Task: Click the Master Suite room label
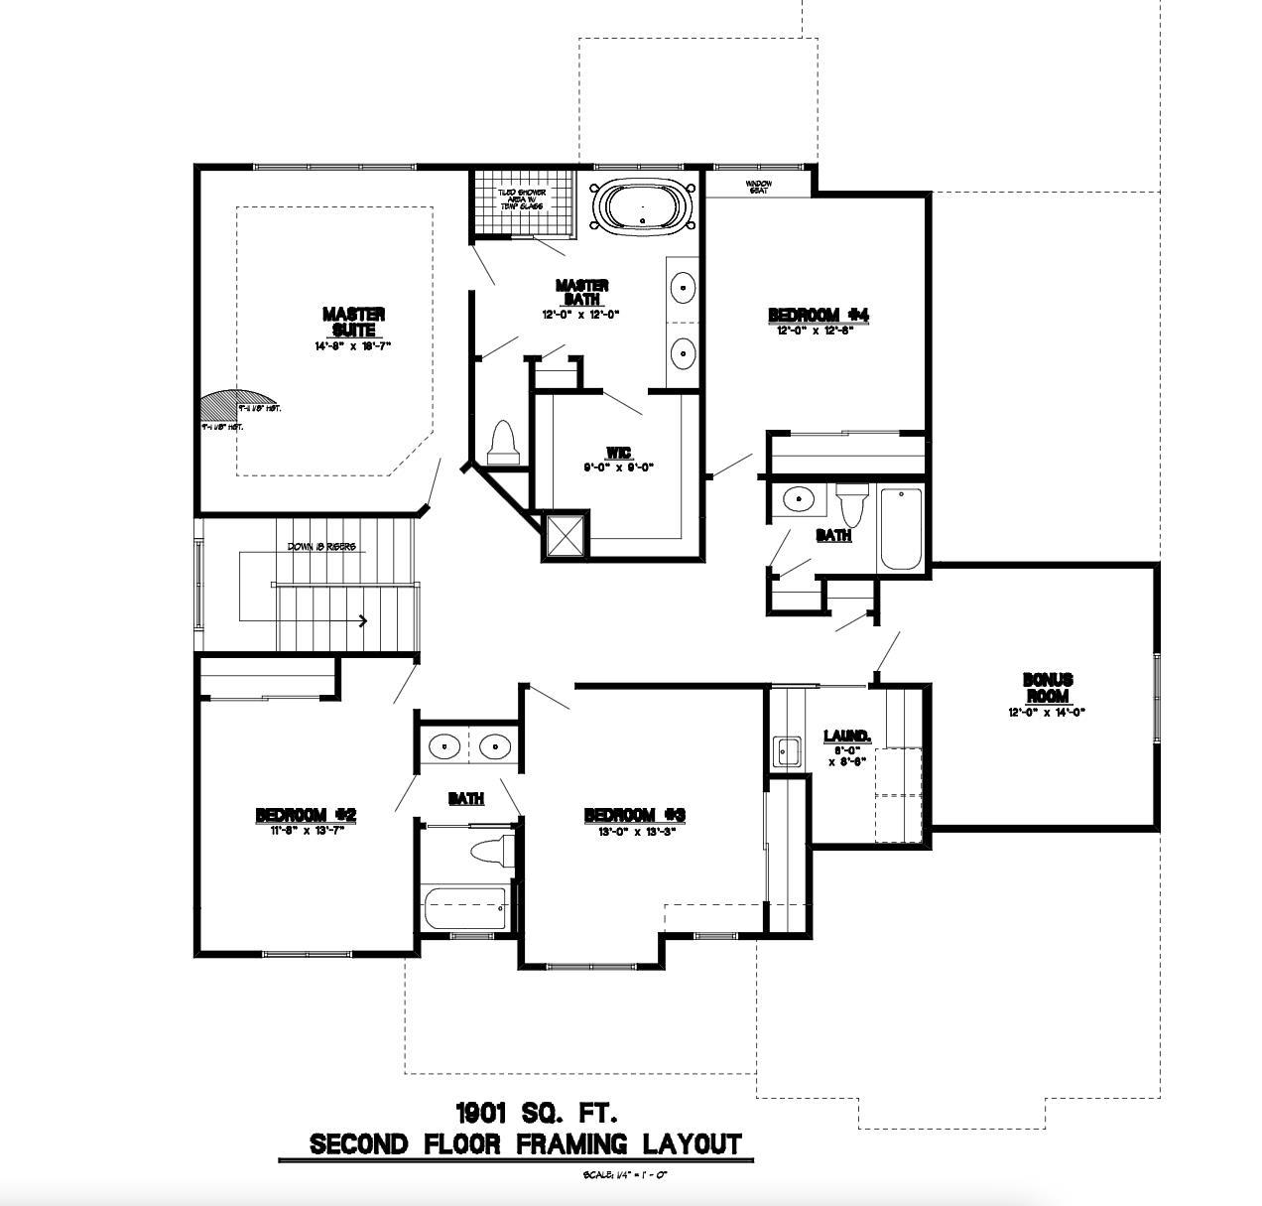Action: [x=353, y=322]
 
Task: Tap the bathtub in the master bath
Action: [x=641, y=209]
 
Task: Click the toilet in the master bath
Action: [x=504, y=443]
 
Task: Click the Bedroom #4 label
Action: [x=819, y=316]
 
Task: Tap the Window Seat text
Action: [x=759, y=187]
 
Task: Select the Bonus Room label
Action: [x=1048, y=687]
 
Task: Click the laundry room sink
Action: [x=788, y=751]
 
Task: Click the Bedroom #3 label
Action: [x=635, y=815]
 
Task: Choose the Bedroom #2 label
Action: [x=306, y=815]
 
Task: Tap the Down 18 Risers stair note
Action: [x=320, y=547]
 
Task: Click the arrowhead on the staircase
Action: [x=363, y=621]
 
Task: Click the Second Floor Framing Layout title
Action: [x=525, y=1143]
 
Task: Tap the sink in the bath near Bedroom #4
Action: [x=797, y=499]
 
